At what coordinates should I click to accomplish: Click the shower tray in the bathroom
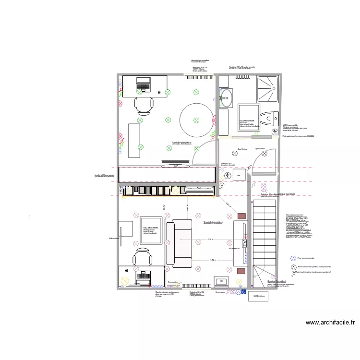point(268,89)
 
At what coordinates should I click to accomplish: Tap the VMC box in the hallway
point(239,176)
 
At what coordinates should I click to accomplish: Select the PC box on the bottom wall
point(221,281)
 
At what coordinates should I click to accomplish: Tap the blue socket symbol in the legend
point(293,258)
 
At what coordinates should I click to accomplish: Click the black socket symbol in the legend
point(293,266)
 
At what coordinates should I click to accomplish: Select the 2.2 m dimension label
point(210,239)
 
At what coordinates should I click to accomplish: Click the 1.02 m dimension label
point(212,260)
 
